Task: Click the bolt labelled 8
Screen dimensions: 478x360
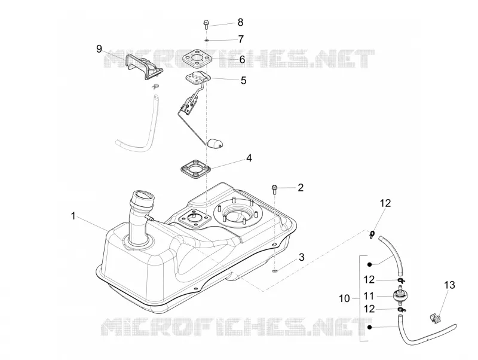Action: coord(206,24)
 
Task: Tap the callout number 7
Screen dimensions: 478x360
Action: coord(241,39)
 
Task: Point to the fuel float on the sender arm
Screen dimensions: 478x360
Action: coord(215,144)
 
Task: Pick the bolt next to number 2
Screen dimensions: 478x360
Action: coord(274,189)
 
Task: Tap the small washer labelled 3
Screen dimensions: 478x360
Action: coord(275,270)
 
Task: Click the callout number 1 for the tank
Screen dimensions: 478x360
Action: coord(73,216)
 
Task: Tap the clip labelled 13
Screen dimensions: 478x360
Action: coord(436,319)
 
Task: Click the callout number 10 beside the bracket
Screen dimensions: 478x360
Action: coord(345,298)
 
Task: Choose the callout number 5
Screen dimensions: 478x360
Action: coord(243,81)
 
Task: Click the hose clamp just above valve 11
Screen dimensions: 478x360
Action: coord(401,280)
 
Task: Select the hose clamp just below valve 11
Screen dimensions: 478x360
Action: coord(401,310)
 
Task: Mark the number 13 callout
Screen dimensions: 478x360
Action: coord(450,285)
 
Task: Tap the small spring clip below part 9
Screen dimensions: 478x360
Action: coord(155,86)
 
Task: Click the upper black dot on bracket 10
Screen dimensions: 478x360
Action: coord(369,264)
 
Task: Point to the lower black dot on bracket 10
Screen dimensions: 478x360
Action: coord(369,327)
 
